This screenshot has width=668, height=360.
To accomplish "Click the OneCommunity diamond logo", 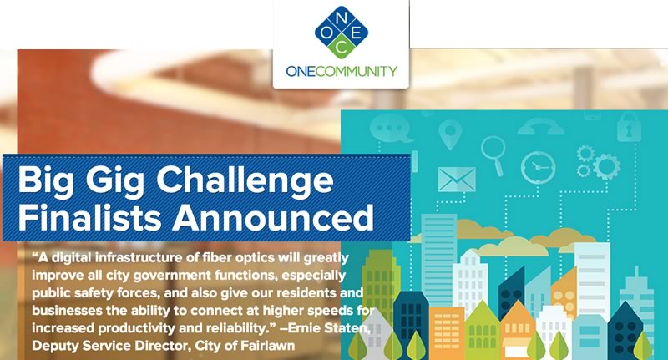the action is click(x=342, y=33).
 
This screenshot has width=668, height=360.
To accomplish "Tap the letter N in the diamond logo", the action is click(x=342, y=18).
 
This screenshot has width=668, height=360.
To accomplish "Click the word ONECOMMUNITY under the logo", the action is click(x=342, y=71).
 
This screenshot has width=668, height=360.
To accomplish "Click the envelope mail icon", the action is click(x=457, y=179).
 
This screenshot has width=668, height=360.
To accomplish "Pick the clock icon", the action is click(x=538, y=167).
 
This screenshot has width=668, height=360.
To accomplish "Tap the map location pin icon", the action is click(x=450, y=134).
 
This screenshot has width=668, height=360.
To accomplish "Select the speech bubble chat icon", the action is click(x=391, y=129).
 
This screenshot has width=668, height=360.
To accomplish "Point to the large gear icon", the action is click(x=606, y=166).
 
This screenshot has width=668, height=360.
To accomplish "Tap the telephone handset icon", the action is click(x=540, y=127).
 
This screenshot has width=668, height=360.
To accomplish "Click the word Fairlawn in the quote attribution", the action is click(x=267, y=346).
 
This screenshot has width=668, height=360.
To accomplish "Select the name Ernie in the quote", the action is click(x=304, y=328).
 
